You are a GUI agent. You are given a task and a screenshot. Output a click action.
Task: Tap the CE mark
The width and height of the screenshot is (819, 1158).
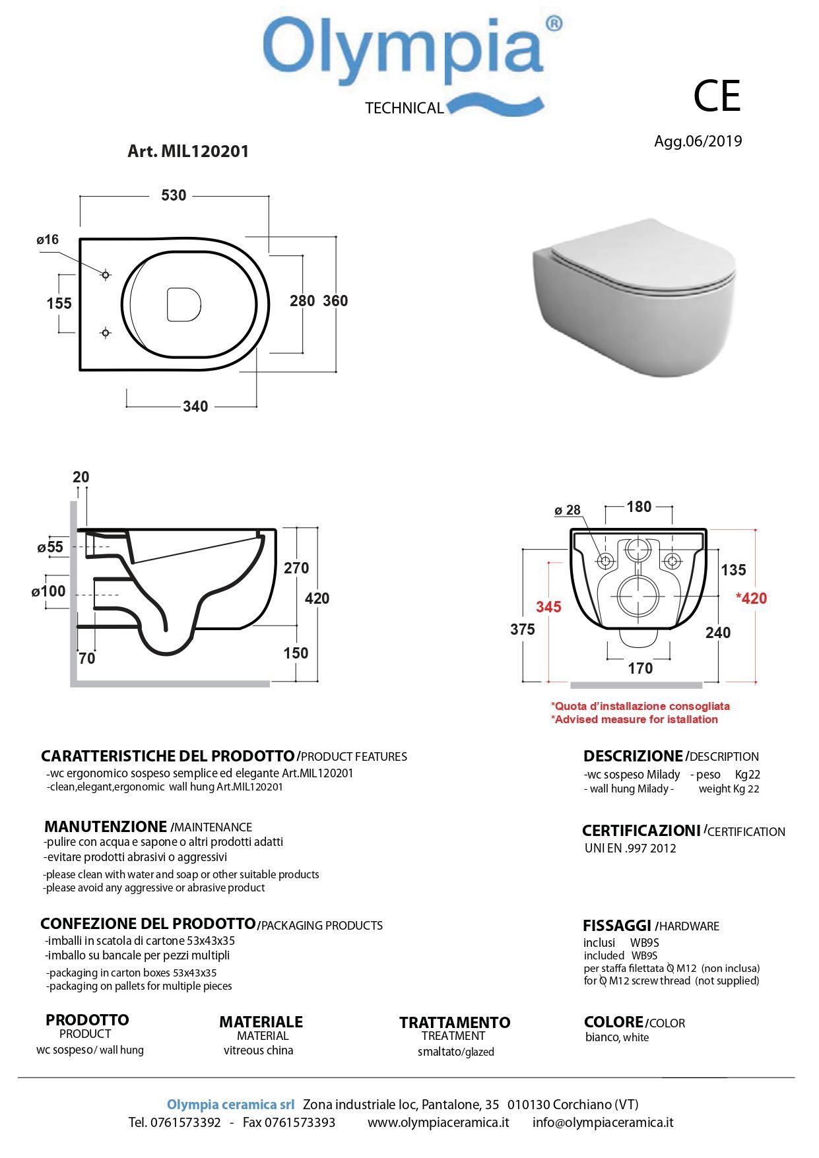coord(717,96)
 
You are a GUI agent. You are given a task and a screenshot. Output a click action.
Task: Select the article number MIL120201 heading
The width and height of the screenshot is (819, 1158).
coord(188,151)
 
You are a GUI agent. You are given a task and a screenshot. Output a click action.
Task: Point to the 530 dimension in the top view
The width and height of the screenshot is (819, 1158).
coord(174,195)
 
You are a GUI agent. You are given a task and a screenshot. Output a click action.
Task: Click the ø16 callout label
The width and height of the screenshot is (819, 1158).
coord(48,240)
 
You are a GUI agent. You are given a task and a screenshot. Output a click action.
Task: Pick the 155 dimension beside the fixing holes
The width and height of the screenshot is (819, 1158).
coord(59,304)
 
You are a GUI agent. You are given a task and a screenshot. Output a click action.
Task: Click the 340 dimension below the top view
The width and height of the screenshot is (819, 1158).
coord(195,406)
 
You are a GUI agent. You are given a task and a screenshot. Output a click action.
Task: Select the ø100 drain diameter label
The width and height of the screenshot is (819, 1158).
coord(49,591)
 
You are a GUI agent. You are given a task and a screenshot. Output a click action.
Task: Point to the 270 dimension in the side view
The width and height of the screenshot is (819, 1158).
coord(296,568)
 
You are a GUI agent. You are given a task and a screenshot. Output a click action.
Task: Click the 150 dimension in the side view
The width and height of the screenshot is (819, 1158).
coord(296,653)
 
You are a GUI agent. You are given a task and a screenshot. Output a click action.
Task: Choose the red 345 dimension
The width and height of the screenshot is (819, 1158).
coord(548,606)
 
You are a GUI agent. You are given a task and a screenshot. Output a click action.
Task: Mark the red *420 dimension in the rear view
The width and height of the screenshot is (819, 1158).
coord(752,598)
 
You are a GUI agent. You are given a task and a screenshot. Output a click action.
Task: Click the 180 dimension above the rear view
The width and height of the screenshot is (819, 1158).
coord(639,507)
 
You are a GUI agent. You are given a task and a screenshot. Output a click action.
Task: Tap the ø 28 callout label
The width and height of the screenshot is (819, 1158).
coord(568,510)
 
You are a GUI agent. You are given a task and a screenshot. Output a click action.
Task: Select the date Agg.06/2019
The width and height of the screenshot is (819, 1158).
coord(698,141)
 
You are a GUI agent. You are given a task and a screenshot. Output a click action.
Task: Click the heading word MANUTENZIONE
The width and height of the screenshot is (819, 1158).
coord(106,826)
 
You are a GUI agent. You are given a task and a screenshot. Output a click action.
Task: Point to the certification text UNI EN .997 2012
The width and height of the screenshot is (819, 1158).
coord(630,849)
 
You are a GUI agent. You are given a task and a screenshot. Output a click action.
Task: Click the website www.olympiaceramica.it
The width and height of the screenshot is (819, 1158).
coord(438,1122)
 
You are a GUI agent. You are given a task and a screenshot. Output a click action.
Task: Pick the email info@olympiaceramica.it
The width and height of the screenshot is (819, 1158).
coord(603,1122)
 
